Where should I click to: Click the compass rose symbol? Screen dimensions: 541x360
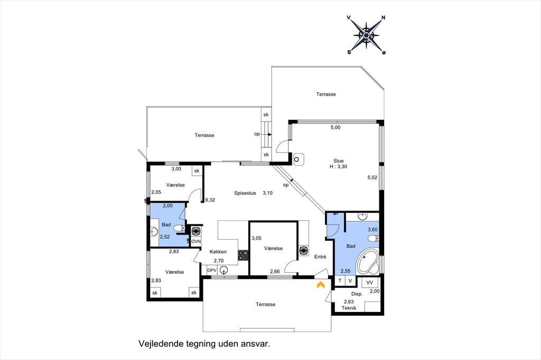pos(367,35)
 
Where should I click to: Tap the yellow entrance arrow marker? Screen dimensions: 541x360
pos(321,285)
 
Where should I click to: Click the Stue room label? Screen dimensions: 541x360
pos(339,160)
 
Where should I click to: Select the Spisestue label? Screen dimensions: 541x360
pos(245,193)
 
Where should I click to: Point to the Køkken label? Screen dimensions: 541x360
pos(218,252)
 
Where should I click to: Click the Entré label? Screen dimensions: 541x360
pos(320,257)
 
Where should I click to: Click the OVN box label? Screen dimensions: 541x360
pos(196,241)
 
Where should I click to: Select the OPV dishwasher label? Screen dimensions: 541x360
pos(211,271)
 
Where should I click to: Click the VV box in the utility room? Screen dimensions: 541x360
pos(370,283)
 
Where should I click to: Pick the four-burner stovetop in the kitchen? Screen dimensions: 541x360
pos(243,255)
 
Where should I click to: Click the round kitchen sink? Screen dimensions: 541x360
pos(224,270)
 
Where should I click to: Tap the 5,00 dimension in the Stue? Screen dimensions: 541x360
pos(335,127)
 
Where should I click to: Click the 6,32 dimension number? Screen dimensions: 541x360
pos(210,200)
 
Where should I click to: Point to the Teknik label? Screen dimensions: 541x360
pos(349,308)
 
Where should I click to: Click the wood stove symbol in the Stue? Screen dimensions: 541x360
pos(297,159)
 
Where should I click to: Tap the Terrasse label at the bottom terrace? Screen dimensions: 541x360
pos(266,305)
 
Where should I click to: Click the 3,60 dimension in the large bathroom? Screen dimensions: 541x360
pos(372,230)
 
